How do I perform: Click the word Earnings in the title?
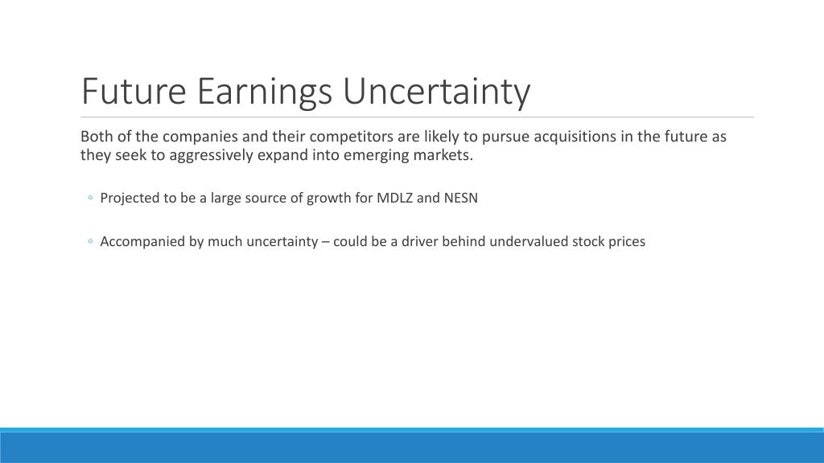click(264, 92)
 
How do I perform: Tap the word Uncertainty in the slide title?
click(437, 92)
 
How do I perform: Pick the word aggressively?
click(212, 155)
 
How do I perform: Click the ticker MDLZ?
click(394, 198)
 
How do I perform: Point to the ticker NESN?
click(461, 198)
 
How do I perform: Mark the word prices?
click(627, 242)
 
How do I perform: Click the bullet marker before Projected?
click(90, 198)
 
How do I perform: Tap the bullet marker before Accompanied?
click(90, 241)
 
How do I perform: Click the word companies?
click(200, 137)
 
